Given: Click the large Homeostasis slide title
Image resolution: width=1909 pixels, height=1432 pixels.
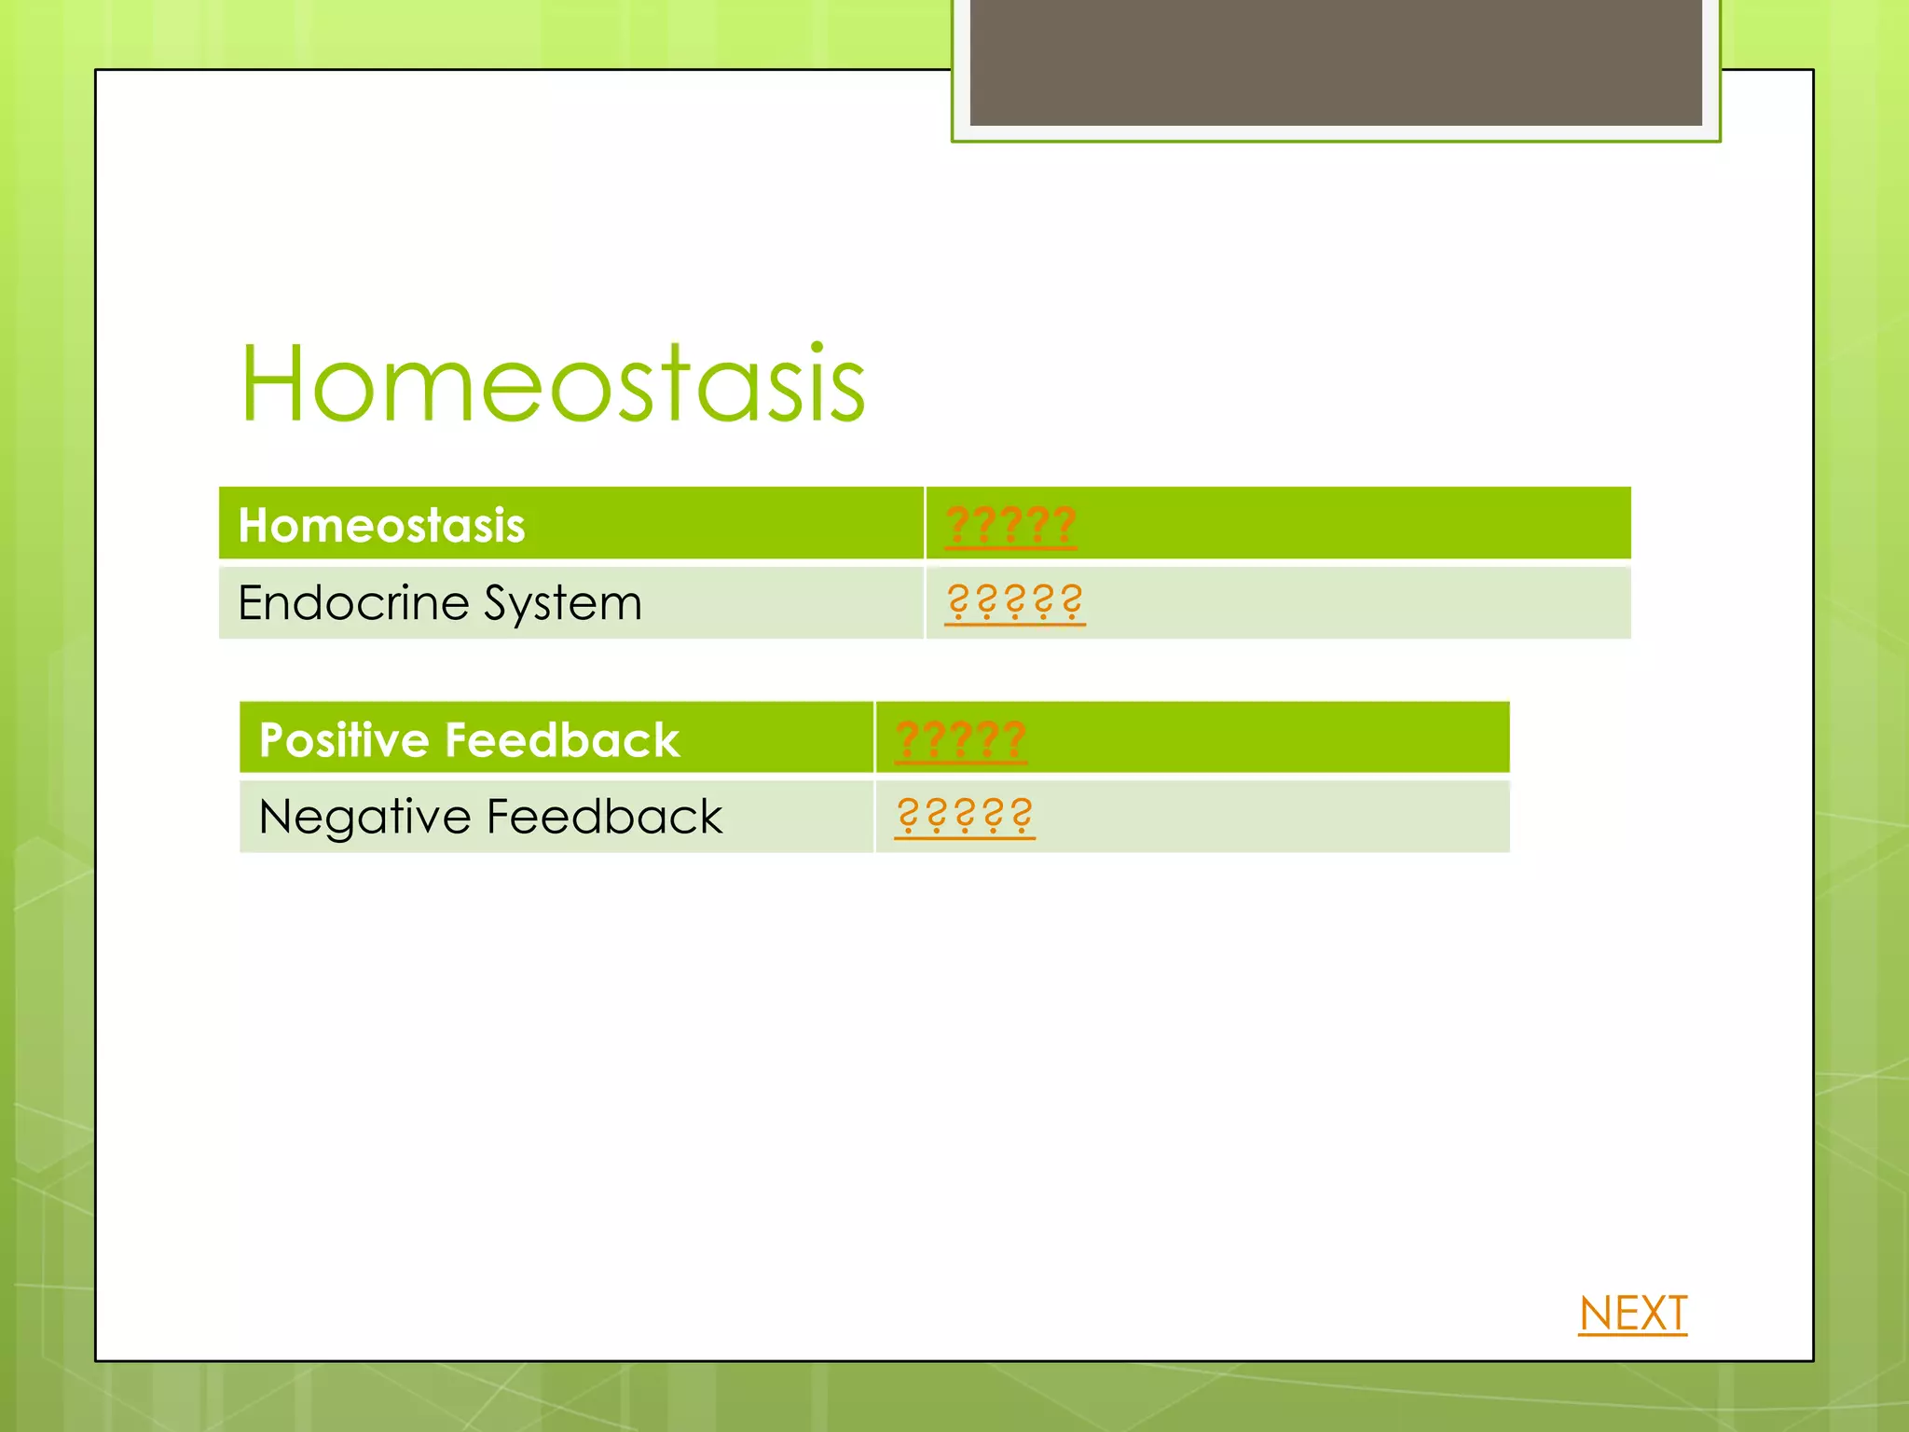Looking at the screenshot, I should click(x=553, y=384).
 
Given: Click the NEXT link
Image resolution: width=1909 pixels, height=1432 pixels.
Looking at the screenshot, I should click(x=1632, y=1314).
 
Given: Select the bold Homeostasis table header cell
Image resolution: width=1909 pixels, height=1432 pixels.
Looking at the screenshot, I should click(x=381, y=525).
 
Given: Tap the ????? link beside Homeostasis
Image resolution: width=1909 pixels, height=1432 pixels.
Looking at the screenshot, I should click(x=1010, y=525).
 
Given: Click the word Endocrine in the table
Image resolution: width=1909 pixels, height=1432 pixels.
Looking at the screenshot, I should click(x=353, y=602).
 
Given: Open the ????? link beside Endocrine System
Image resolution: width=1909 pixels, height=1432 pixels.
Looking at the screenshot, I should click(x=1014, y=602).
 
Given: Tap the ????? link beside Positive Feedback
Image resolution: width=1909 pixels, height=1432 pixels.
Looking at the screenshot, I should click(x=960, y=740).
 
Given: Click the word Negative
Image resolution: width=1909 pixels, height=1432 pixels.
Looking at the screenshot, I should click(x=365, y=817).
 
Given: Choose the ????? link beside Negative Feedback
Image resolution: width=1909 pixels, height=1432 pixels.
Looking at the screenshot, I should click(x=964, y=816).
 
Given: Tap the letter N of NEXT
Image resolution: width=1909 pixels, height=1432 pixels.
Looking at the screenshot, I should click(x=1598, y=1314).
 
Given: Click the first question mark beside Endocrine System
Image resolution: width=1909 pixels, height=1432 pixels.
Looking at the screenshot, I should click(x=957, y=601).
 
